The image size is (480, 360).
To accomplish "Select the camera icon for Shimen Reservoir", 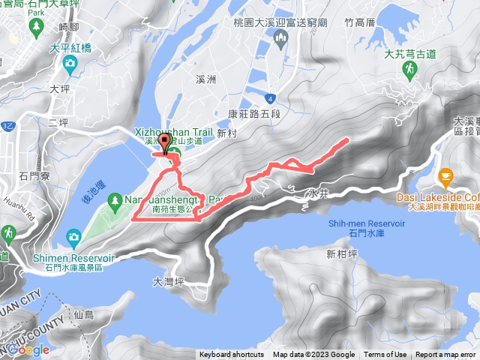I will coord(73,238).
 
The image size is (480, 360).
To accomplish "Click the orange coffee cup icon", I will coord(445,178).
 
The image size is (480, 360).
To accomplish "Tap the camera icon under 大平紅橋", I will coord(70,63).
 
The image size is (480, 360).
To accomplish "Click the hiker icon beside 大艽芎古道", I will coord(409,70).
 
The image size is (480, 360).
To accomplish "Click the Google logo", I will coord(28,349).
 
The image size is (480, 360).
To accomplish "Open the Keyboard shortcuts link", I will coord(231,355).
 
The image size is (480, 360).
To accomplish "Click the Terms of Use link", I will coord(385,355).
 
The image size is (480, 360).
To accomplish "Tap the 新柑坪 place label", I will coord(340,254).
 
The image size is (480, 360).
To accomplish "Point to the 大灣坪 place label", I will coord(168,283).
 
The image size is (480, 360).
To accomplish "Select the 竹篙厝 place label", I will coord(359,23).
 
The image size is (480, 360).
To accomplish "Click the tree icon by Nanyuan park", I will coord(115,200).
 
